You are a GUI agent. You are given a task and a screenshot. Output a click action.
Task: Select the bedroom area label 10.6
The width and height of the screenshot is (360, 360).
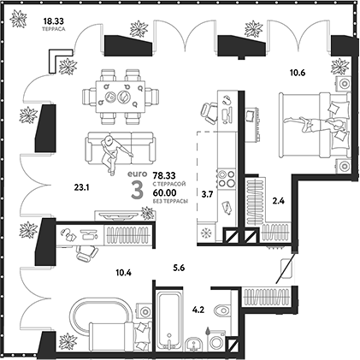[297, 73]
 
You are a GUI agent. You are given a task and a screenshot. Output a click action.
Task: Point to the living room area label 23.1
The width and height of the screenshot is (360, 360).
[82, 186]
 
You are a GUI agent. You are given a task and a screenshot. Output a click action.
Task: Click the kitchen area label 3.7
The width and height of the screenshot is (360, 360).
[206, 195]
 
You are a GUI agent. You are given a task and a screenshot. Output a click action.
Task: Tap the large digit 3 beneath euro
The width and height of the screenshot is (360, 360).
[136, 191]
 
